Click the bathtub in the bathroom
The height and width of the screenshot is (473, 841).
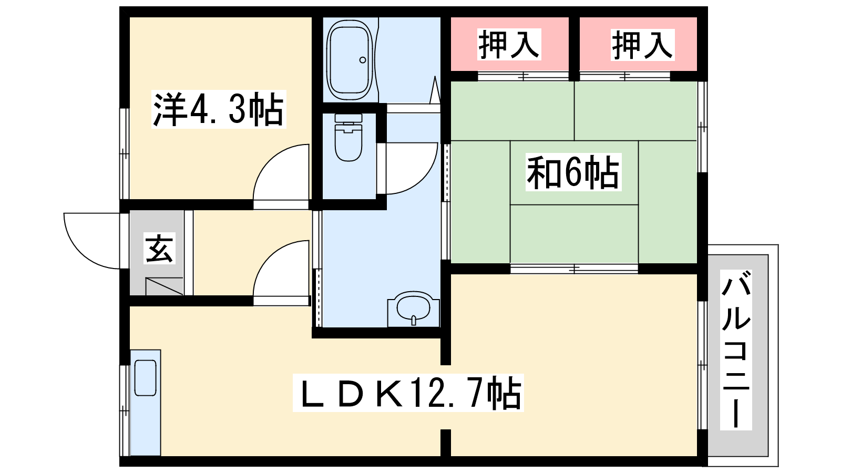[350, 60]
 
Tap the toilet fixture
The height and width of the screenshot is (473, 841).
[348, 137]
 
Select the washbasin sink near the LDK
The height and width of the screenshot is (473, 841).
[413, 309]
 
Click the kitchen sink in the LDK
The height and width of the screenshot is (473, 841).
[145, 378]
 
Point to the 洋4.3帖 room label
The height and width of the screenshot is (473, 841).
[219, 109]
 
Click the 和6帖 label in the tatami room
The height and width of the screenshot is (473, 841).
[573, 172]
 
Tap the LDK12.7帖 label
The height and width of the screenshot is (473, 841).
[408, 393]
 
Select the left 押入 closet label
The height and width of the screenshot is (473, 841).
[509, 44]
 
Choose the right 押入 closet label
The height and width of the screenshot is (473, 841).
[642, 45]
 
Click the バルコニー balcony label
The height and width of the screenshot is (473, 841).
[736, 350]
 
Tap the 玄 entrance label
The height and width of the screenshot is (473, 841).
[160, 248]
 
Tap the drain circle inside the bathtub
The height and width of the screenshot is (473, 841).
[363, 60]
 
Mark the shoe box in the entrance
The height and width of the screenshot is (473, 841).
[164, 286]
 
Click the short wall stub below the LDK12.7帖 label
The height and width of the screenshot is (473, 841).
[446, 443]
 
